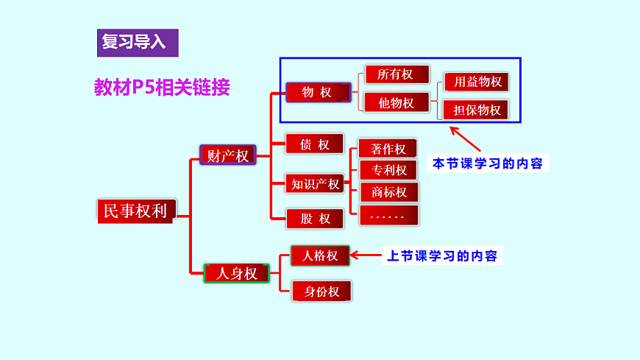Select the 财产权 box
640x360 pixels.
click(227, 155)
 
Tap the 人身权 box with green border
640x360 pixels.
click(236, 273)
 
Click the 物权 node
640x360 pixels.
click(316, 92)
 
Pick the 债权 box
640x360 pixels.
click(315, 144)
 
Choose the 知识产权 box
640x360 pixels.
click(315, 183)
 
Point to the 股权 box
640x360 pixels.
click(315, 218)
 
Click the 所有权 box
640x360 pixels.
click(396, 74)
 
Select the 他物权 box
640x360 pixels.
click(397, 102)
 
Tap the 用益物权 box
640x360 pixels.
click(477, 82)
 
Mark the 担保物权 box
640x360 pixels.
click(477, 110)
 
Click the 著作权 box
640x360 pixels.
click(388, 149)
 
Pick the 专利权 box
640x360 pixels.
click(388, 170)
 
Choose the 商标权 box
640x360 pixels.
click(388, 192)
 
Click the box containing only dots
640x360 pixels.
click(388, 216)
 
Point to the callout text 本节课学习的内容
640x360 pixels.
click(488, 163)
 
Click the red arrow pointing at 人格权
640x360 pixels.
click(364, 255)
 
